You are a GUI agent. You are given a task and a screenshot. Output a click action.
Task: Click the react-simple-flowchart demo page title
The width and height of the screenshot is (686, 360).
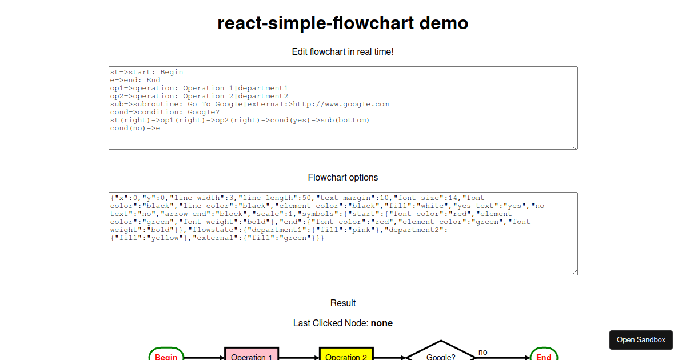[343, 23]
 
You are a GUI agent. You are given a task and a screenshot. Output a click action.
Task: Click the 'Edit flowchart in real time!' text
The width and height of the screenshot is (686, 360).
[343, 51]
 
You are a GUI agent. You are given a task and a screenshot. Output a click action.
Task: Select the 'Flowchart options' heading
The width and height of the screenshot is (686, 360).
[343, 177]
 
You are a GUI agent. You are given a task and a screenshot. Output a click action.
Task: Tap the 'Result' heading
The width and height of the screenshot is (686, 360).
[343, 303]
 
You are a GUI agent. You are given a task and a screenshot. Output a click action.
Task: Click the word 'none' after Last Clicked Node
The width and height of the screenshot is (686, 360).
[381, 323]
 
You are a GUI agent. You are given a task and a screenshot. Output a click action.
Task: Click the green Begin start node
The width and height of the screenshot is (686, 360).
[166, 355]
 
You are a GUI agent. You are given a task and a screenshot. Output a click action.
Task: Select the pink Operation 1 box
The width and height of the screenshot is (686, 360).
[252, 355]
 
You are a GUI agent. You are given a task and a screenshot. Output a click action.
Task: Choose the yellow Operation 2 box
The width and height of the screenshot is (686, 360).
[346, 355]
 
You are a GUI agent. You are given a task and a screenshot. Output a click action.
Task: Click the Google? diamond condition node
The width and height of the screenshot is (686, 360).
[441, 354]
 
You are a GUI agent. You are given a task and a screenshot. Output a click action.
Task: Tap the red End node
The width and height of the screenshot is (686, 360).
[544, 355]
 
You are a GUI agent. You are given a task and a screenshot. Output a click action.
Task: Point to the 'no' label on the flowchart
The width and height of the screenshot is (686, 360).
[483, 352]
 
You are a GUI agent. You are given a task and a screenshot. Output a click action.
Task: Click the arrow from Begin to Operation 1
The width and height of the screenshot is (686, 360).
[204, 358]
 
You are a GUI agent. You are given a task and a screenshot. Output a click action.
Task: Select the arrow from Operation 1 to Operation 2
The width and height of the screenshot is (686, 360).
[298, 358]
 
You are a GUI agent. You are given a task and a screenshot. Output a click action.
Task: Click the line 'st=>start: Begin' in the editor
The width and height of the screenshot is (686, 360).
[146, 72]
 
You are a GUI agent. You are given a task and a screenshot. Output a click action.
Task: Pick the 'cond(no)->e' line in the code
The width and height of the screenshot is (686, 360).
[135, 128]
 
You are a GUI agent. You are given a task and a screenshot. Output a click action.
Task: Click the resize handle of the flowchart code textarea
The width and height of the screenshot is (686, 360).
[575, 146]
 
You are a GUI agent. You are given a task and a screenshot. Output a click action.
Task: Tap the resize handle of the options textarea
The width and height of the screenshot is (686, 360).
[575, 272]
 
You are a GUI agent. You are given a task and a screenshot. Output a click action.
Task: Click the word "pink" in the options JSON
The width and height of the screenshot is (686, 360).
[360, 230]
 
